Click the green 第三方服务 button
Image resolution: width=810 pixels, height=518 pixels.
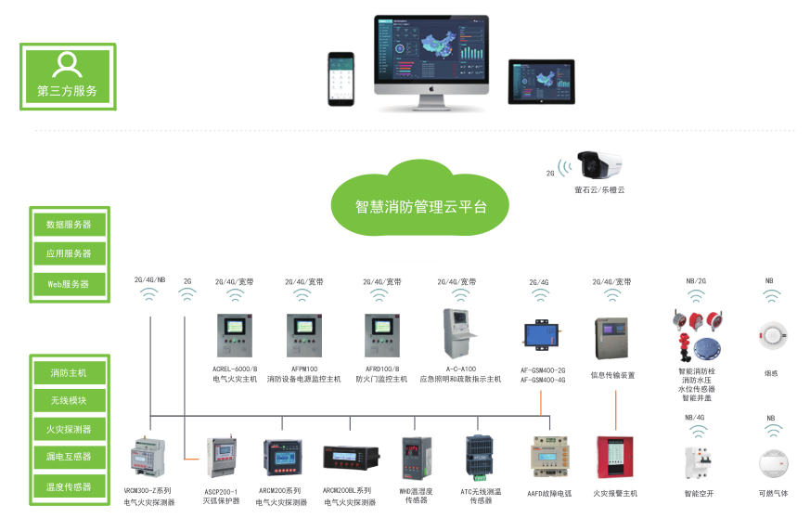tap(68, 76)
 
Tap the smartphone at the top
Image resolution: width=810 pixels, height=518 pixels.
tap(343, 79)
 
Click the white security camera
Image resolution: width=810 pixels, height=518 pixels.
tap(599, 166)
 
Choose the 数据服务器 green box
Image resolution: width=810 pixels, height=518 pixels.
tap(69, 224)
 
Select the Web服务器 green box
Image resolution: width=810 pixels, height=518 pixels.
tap(69, 283)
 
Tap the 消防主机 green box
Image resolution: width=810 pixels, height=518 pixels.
tap(69, 372)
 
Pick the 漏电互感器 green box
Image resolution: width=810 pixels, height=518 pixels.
tap(69, 457)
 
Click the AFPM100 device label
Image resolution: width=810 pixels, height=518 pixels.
tap(304, 369)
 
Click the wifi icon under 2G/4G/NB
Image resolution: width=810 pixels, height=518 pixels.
tap(149, 296)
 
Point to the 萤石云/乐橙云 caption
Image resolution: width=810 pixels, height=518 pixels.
tap(599, 190)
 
